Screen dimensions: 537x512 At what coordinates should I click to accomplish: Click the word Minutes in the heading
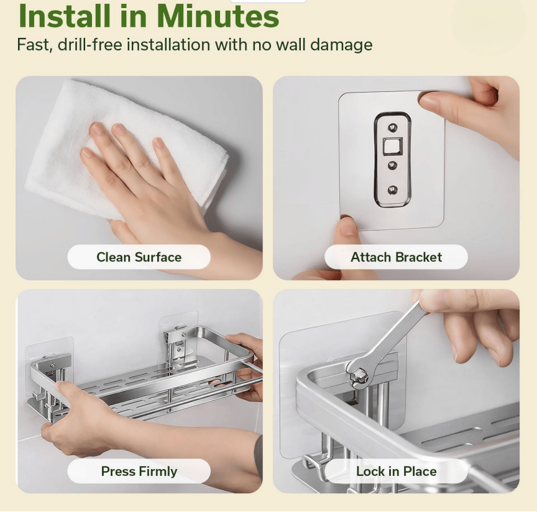[x=218, y=16]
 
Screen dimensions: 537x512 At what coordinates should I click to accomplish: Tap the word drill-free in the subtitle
[x=89, y=45]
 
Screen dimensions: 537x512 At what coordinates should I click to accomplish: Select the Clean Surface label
[x=139, y=257]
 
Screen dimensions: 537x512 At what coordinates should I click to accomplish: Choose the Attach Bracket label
[x=396, y=257]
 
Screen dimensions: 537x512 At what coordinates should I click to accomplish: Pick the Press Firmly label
[x=139, y=471]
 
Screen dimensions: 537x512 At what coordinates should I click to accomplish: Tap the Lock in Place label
[x=396, y=471]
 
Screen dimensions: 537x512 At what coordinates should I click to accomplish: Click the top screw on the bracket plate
[x=392, y=128]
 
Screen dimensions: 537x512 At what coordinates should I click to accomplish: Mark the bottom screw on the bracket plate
[x=392, y=190]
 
